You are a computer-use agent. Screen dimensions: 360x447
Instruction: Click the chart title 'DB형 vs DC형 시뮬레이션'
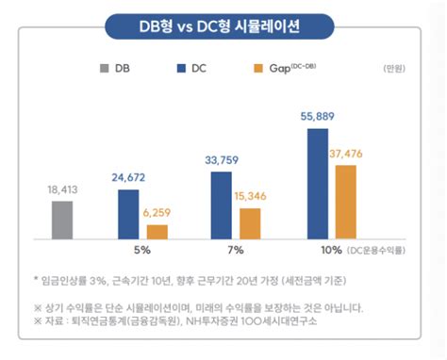(223, 25)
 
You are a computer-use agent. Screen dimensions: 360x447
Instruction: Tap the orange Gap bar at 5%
(157, 231)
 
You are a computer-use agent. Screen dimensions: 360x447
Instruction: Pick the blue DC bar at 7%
(221, 205)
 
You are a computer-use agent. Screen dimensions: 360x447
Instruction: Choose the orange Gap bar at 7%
(250, 222)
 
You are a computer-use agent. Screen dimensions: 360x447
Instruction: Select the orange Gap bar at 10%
(346, 202)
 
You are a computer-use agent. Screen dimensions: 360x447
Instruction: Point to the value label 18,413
(62, 189)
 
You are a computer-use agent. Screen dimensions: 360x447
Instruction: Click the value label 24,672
(129, 177)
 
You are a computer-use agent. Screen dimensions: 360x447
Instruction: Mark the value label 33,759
(222, 159)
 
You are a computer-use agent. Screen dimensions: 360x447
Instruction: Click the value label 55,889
(318, 115)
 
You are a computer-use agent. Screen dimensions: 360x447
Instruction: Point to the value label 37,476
(348, 153)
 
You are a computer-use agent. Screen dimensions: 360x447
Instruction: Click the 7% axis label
(236, 250)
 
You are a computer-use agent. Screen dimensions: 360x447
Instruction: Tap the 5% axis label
(143, 250)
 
